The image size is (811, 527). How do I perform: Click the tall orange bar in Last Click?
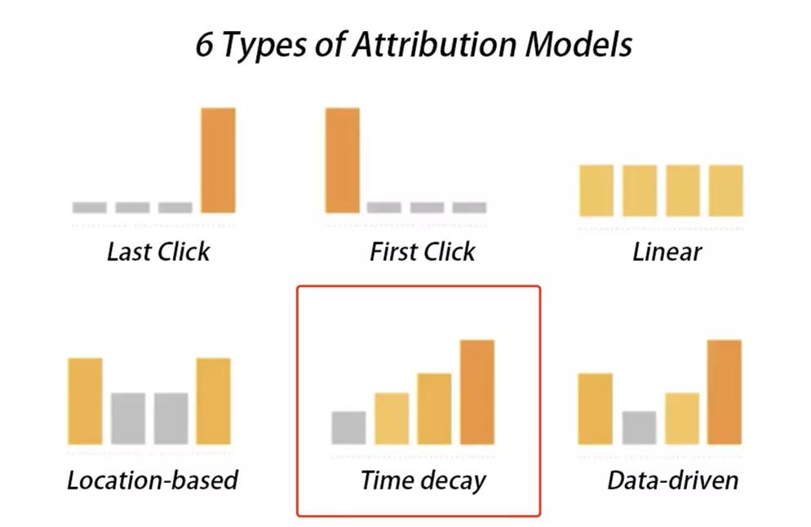pos(219,161)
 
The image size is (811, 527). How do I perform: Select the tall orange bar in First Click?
pos(343,161)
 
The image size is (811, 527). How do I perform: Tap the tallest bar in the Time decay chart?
pos(476,392)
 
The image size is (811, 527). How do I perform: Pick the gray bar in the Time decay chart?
pos(348,427)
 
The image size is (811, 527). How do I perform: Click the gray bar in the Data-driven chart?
pos(640,427)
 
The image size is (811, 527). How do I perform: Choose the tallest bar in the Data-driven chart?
pos(725,392)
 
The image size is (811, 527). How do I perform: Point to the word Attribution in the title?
pos(434,45)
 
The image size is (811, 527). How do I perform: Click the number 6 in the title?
pos(204,45)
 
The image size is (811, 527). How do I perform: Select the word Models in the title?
pos(578,45)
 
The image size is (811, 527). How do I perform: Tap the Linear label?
pos(667,252)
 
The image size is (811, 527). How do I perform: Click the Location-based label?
pos(153,480)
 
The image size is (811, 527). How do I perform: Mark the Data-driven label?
pos(673,480)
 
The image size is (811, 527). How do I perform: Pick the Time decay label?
pos(423,481)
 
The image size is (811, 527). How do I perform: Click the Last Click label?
pos(158,252)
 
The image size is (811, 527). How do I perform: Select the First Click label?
pos(423,252)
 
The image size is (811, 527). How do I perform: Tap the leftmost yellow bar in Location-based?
pos(85,401)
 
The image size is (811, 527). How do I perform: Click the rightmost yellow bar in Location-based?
pos(213,401)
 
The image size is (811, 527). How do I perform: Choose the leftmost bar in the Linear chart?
pos(596,190)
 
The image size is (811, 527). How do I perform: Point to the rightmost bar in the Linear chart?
pos(725,190)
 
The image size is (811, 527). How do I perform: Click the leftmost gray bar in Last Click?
pos(90,207)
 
